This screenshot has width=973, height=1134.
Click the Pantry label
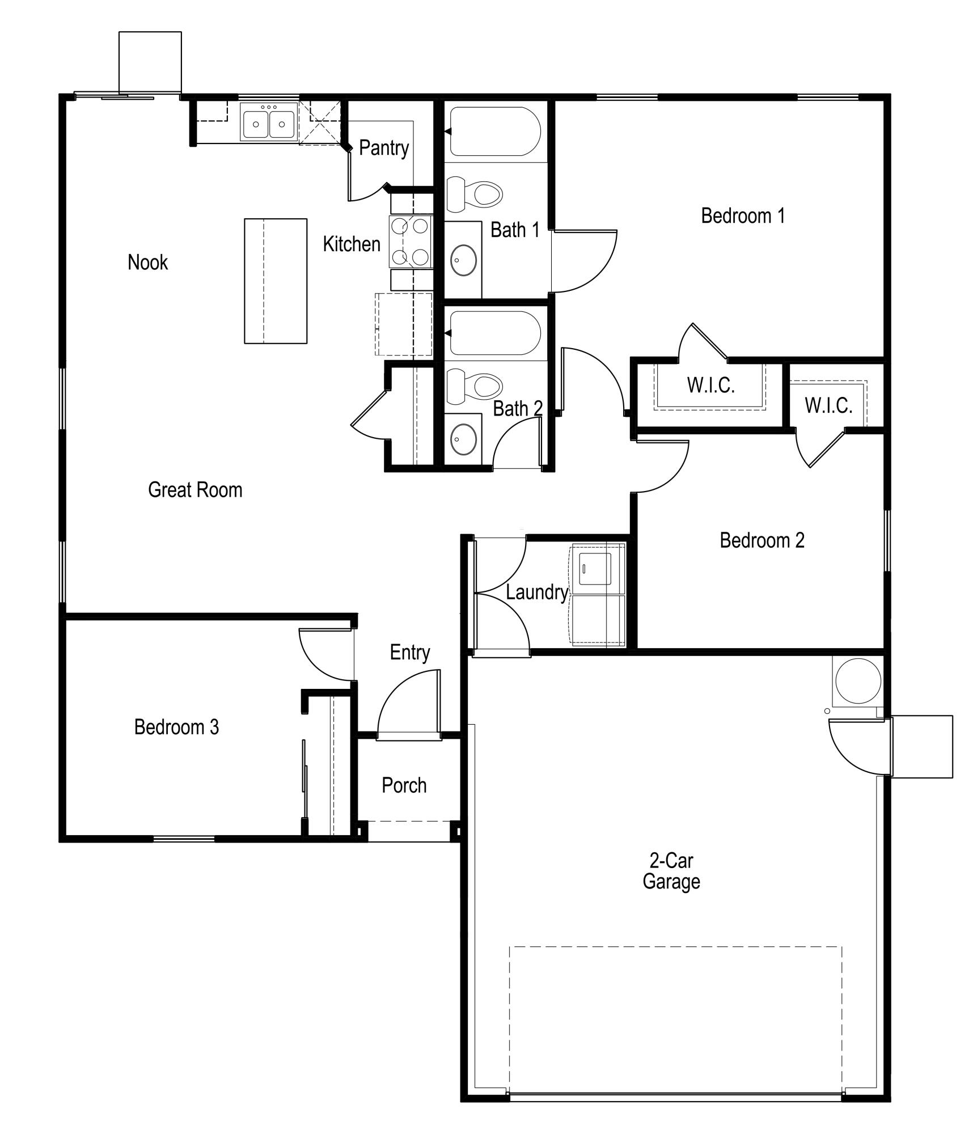click(384, 148)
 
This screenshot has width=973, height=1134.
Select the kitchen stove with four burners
click(411, 242)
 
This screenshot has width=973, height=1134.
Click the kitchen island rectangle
click(276, 281)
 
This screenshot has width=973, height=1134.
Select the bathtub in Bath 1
click(495, 132)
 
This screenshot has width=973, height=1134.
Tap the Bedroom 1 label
click(743, 216)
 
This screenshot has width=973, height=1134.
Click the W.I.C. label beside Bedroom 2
click(828, 405)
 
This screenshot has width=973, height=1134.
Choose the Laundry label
click(536, 593)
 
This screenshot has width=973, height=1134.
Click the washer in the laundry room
click(596, 569)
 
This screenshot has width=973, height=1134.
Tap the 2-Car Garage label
click(671, 871)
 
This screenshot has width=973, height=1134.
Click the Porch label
click(404, 786)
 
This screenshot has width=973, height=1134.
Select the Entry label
click(409, 653)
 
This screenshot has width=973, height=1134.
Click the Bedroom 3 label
click(176, 727)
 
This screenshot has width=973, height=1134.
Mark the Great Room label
click(195, 490)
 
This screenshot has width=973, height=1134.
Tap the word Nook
click(147, 263)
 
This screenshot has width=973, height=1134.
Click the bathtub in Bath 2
click(495, 333)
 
